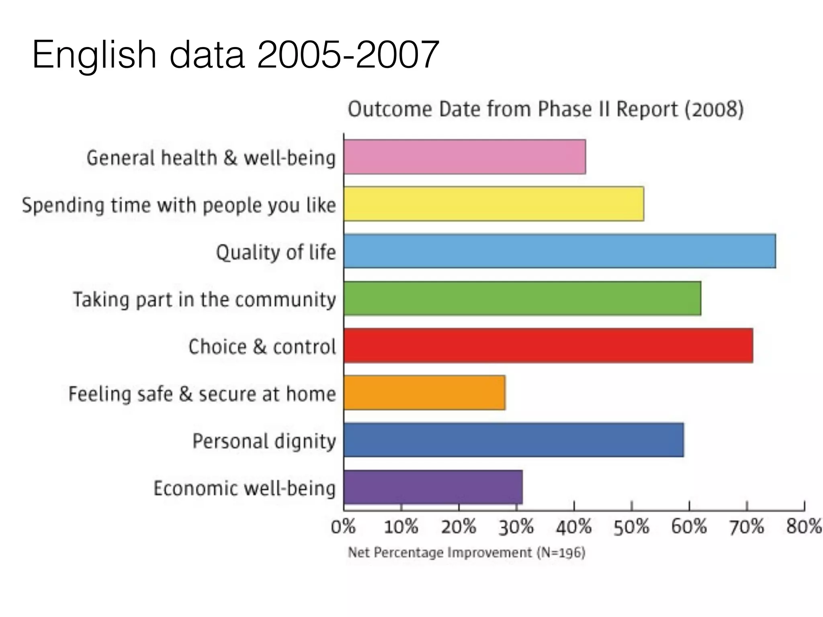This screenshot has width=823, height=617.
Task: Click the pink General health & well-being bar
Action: (x=465, y=157)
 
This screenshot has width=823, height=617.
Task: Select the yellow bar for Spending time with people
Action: (x=493, y=204)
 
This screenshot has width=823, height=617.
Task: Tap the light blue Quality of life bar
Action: (x=559, y=251)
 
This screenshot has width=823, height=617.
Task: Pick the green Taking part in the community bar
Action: (x=522, y=298)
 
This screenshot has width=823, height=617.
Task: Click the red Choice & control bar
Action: (x=548, y=346)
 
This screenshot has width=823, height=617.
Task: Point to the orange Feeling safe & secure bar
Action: (x=424, y=393)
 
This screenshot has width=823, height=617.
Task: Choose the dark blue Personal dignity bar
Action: (x=514, y=440)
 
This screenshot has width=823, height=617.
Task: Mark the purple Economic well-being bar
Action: (x=433, y=487)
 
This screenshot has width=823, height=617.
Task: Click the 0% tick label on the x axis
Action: (x=343, y=527)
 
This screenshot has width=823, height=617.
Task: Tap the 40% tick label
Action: (x=574, y=527)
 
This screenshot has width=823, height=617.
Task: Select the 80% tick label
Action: (x=804, y=527)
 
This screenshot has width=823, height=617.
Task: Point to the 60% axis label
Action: (x=689, y=527)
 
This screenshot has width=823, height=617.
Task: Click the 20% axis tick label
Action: (x=459, y=527)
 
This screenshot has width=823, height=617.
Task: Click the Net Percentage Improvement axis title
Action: (x=466, y=553)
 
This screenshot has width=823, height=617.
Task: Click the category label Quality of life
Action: (x=276, y=252)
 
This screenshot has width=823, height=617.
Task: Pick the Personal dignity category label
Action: (x=264, y=441)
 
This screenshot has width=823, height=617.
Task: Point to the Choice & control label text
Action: (x=262, y=346)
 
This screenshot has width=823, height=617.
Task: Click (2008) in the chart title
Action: (x=714, y=109)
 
